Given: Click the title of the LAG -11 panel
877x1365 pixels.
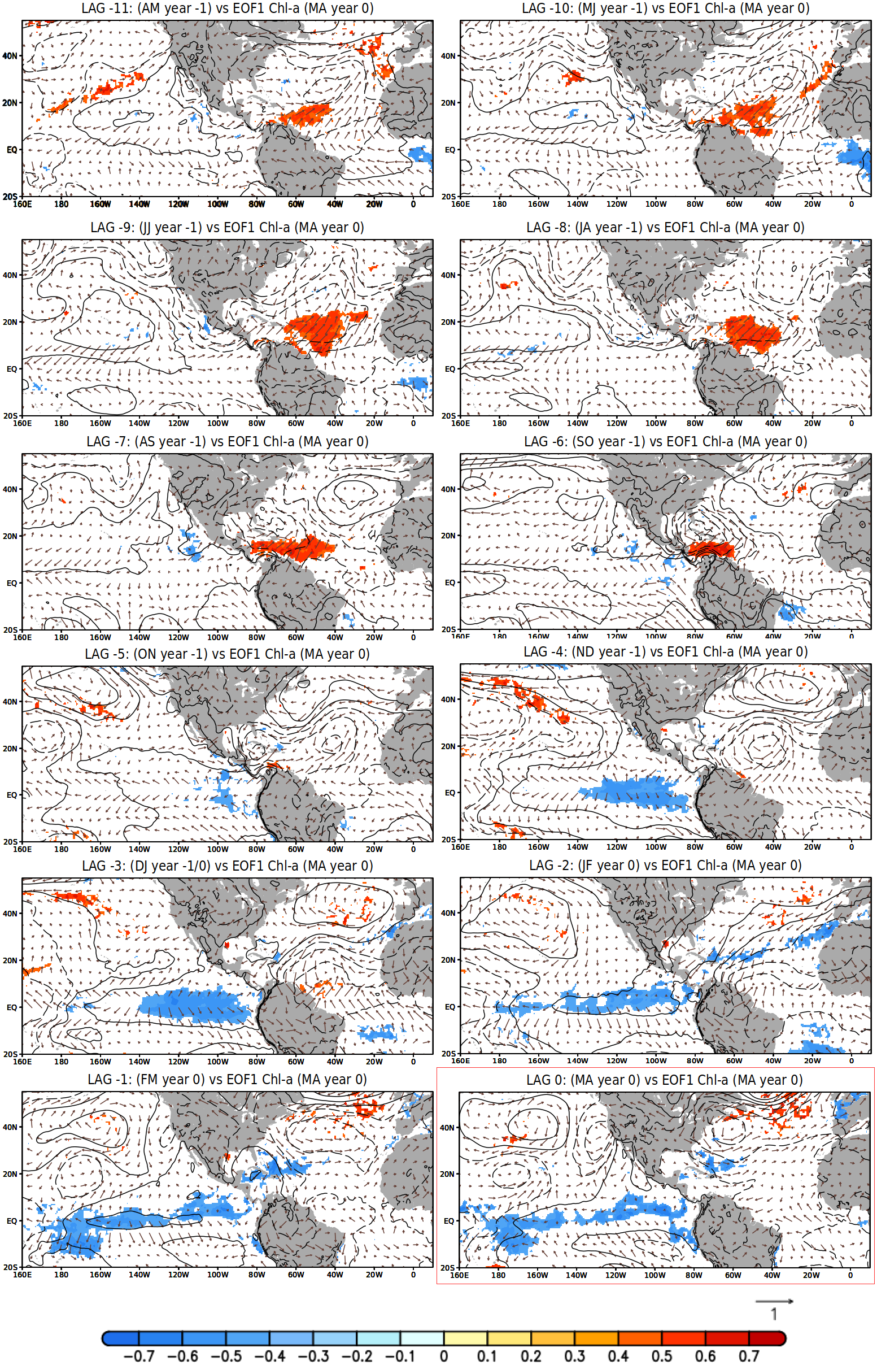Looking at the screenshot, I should coord(227,8).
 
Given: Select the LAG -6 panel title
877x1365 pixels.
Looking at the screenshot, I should coord(665,441).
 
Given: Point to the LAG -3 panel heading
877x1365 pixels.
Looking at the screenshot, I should coord(227,866).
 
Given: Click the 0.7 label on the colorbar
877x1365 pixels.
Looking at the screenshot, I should coord(749,1357).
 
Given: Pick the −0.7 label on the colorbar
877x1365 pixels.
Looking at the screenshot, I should coord(138,1357).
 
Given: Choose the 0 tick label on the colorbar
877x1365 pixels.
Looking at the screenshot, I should coord(444,1357).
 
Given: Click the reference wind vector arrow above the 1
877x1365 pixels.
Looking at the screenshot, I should coord(774,1301).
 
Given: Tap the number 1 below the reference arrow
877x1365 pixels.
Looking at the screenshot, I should coord(774,1314).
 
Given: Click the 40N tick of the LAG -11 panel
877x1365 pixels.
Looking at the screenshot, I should coord(10,56).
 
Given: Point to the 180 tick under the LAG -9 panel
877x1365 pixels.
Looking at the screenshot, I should coord(61,423).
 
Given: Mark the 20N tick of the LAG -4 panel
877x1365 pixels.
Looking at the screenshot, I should coord(449,746).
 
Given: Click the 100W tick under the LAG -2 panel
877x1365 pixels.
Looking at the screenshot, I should coord(656,1061).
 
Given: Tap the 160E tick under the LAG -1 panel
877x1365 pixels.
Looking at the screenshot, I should coord(22,1275).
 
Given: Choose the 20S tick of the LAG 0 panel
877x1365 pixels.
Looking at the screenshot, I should coord(448,1268).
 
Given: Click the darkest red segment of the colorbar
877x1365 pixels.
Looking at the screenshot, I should coord(767,1339).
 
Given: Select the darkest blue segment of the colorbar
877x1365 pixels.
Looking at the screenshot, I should coord(121,1339).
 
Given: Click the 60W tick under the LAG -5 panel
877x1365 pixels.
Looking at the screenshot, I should coord(295,849).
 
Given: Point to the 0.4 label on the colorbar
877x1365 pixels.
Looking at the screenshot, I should coord(618,1357).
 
